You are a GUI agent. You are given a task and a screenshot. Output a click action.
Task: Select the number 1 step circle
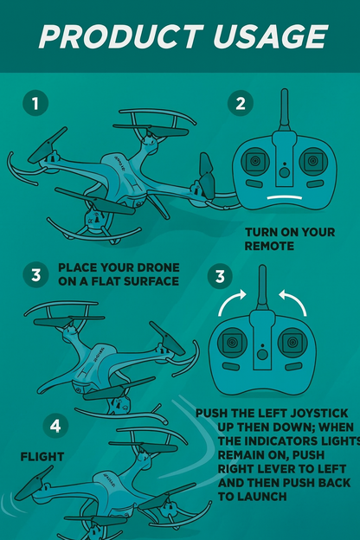(35, 104)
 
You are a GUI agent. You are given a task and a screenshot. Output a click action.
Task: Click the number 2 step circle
(241, 104)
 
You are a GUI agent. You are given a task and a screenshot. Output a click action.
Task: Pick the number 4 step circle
(55, 426)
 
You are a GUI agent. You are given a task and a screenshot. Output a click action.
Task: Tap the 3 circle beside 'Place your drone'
(35, 275)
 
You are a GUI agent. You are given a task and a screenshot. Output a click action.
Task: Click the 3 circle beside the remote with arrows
(220, 277)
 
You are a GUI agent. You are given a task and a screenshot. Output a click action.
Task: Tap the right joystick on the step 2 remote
(311, 161)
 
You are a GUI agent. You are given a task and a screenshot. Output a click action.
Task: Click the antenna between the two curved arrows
(262, 289)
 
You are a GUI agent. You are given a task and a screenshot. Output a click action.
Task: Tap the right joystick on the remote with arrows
(291, 344)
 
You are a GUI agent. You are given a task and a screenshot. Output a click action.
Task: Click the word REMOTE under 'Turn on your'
(270, 246)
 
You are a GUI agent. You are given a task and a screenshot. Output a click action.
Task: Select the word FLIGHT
(42, 455)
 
